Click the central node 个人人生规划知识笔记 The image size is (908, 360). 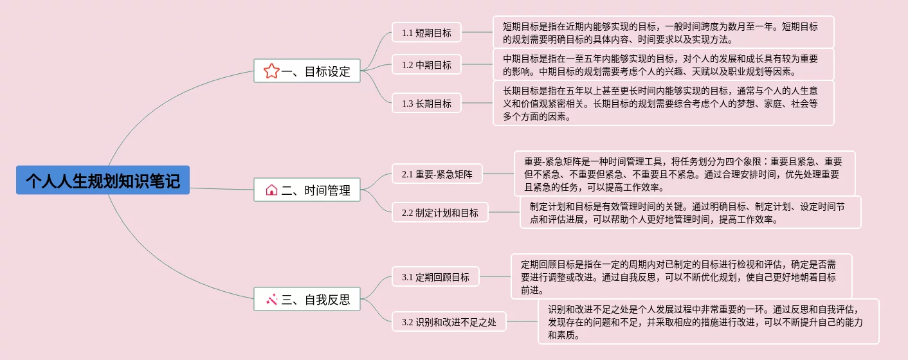pyautogui.click(x=103, y=180)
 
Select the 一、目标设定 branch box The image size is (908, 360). pyautogui.click(x=307, y=71)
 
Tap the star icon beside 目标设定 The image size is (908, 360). pyautogui.click(x=271, y=71)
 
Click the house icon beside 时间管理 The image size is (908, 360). pyautogui.click(x=271, y=190)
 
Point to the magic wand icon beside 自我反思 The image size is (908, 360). pyautogui.click(x=271, y=299)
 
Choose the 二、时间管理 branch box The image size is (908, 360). pyautogui.click(x=307, y=190)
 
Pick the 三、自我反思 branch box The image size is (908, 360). pyautogui.click(x=307, y=299)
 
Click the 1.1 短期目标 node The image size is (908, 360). pyautogui.click(x=426, y=32)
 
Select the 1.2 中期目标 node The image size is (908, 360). pyautogui.click(x=426, y=64)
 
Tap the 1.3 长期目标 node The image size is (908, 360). pyautogui.click(x=426, y=103)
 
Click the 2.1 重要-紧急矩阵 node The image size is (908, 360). pyautogui.click(x=437, y=174)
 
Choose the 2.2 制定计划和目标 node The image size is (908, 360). pyautogui.click(x=440, y=212)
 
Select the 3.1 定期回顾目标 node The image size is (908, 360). pyautogui.click(x=435, y=277)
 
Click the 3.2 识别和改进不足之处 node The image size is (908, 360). pyautogui.click(x=449, y=321)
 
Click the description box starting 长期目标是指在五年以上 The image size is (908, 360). pyautogui.click(x=663, y=103)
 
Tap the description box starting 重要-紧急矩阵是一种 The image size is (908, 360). pyautogui.click(x=684, y=174)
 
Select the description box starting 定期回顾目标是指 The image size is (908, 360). pyautogui.click(x=681, y=276)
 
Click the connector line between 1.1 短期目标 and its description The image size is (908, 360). pyautogui.click(x=477, y=32)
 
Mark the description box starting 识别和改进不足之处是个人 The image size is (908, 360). pyautogui.click(x=708, y=321)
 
